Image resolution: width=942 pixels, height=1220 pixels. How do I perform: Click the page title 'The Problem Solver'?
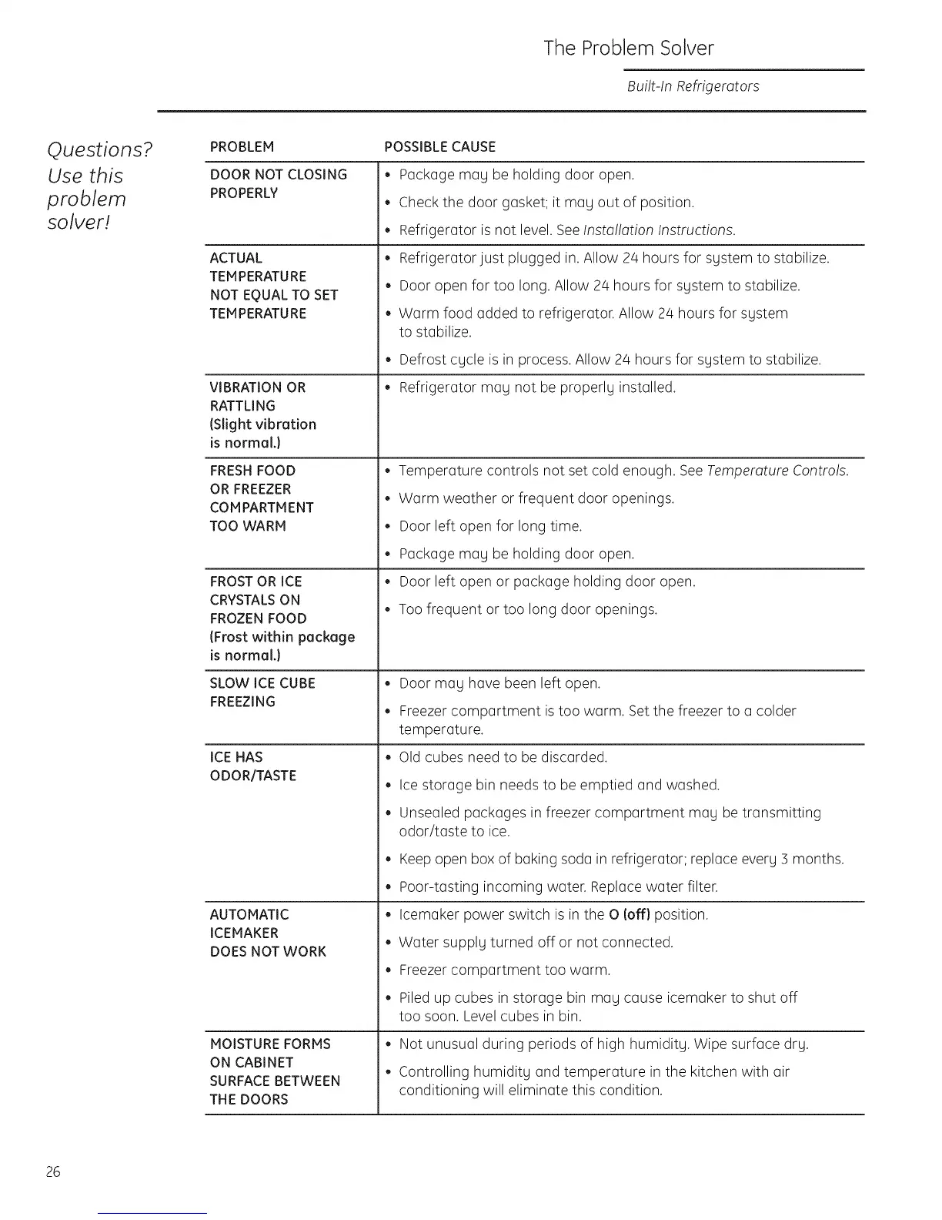tap(628, 49)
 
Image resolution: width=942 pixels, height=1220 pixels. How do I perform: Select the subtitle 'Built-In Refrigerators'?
tap(693, 86)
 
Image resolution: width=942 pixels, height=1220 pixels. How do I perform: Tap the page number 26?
tap(53, 1172)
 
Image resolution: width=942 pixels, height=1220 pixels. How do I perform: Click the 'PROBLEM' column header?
tap(242, 147)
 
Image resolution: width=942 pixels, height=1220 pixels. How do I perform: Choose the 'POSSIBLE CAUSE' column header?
tap(439, 147)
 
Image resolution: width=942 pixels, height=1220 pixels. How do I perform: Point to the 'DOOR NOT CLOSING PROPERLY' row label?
tap(278, 184)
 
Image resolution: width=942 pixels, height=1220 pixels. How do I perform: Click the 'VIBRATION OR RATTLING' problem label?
tap(258, 397)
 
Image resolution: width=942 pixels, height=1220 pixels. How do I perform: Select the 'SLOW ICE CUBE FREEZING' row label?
tap(262, 692)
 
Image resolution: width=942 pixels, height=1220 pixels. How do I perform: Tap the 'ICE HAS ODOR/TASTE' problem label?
tap(252, 766)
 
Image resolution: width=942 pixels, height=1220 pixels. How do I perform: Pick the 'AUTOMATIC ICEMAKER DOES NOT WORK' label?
tap(268, 933)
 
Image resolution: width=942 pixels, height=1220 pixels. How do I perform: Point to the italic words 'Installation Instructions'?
tap(659, 230)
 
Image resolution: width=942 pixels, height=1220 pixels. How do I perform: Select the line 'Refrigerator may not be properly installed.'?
tap(537, 387)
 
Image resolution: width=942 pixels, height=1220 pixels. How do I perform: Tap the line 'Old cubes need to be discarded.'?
tap(503, 757)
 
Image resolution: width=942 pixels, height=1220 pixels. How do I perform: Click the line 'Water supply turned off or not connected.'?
tap(536, 942)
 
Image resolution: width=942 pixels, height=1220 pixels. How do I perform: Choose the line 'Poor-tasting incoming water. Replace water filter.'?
tap(558, 887)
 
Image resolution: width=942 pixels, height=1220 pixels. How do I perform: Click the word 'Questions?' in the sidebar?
tap(100, 149)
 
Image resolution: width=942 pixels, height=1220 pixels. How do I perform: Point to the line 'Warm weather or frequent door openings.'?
tap(536, 498)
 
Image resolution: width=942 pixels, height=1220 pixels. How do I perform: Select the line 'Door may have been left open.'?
tap(499, 683)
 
